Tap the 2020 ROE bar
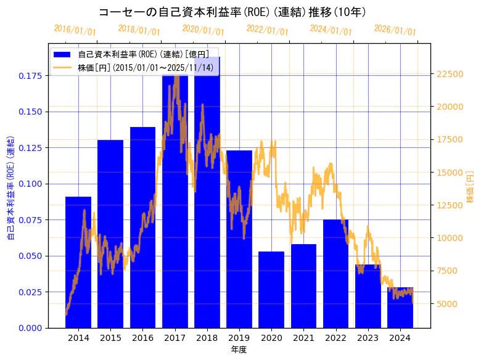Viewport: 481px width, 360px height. [x=271, y=289]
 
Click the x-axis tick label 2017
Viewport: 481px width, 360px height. [x=175, y=338]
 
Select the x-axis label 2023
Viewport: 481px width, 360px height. [x=368, y=338]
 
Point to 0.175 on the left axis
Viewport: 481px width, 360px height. [x=31, y=76]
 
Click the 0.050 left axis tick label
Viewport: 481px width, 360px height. [x=31, y=256]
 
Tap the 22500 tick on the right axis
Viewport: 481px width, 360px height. [x=450, y=74]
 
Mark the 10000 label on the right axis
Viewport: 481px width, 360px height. [x=450, y=238]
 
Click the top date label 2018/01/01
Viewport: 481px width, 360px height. [x=139, y=30]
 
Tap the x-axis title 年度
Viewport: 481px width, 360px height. [x=239, y=350]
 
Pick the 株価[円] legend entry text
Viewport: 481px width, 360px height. [x=146, y=67]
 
